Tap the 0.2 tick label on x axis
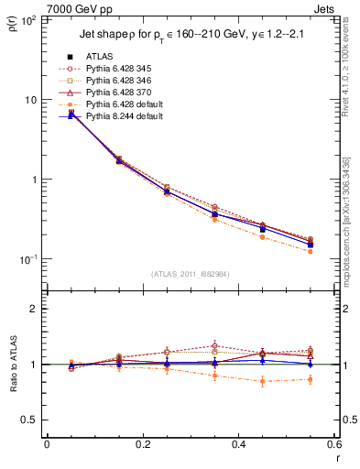point(142,444)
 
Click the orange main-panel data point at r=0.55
point(311,251)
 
